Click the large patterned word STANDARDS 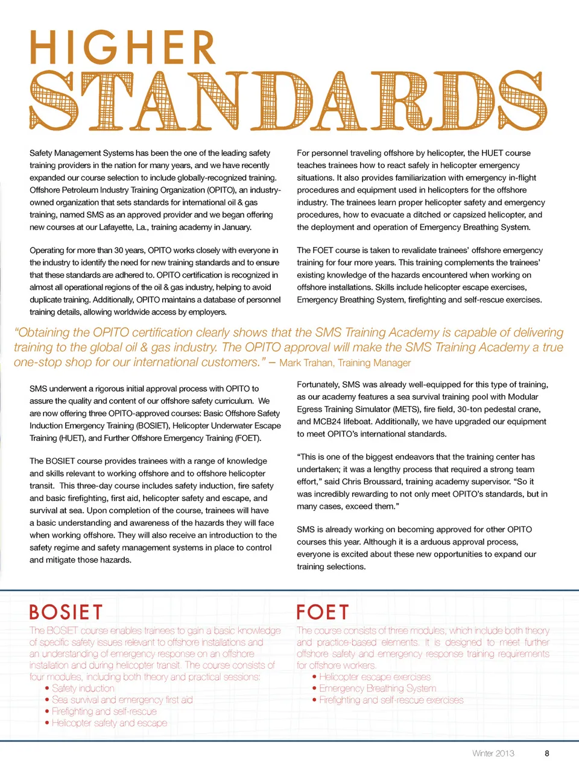coord(288,101)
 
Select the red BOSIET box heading coord(66,612)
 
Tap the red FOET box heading coord(322,612)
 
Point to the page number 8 coord(547,753)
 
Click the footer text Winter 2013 coord(493,753)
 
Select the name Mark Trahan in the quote coord(306,363)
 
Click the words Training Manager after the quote coord(375,363)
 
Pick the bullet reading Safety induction coord(83,688)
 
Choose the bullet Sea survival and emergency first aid coord(122,700)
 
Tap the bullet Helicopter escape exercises coord(375,677)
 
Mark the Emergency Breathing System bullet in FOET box coord(378,688)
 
